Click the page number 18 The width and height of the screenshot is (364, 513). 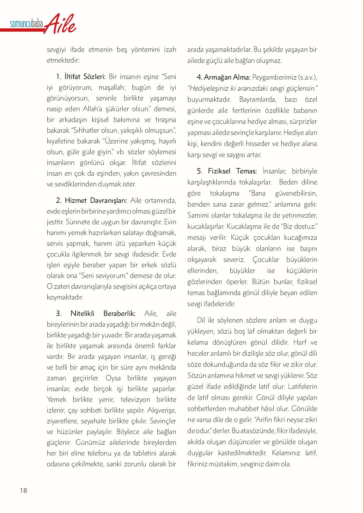23,491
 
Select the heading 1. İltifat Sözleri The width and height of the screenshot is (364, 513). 81,76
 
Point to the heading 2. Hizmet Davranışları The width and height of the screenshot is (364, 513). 91,201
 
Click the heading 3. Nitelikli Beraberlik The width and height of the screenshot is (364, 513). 96,313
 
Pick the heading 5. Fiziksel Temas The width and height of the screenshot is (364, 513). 227,171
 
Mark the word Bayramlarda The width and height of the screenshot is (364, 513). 257,100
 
